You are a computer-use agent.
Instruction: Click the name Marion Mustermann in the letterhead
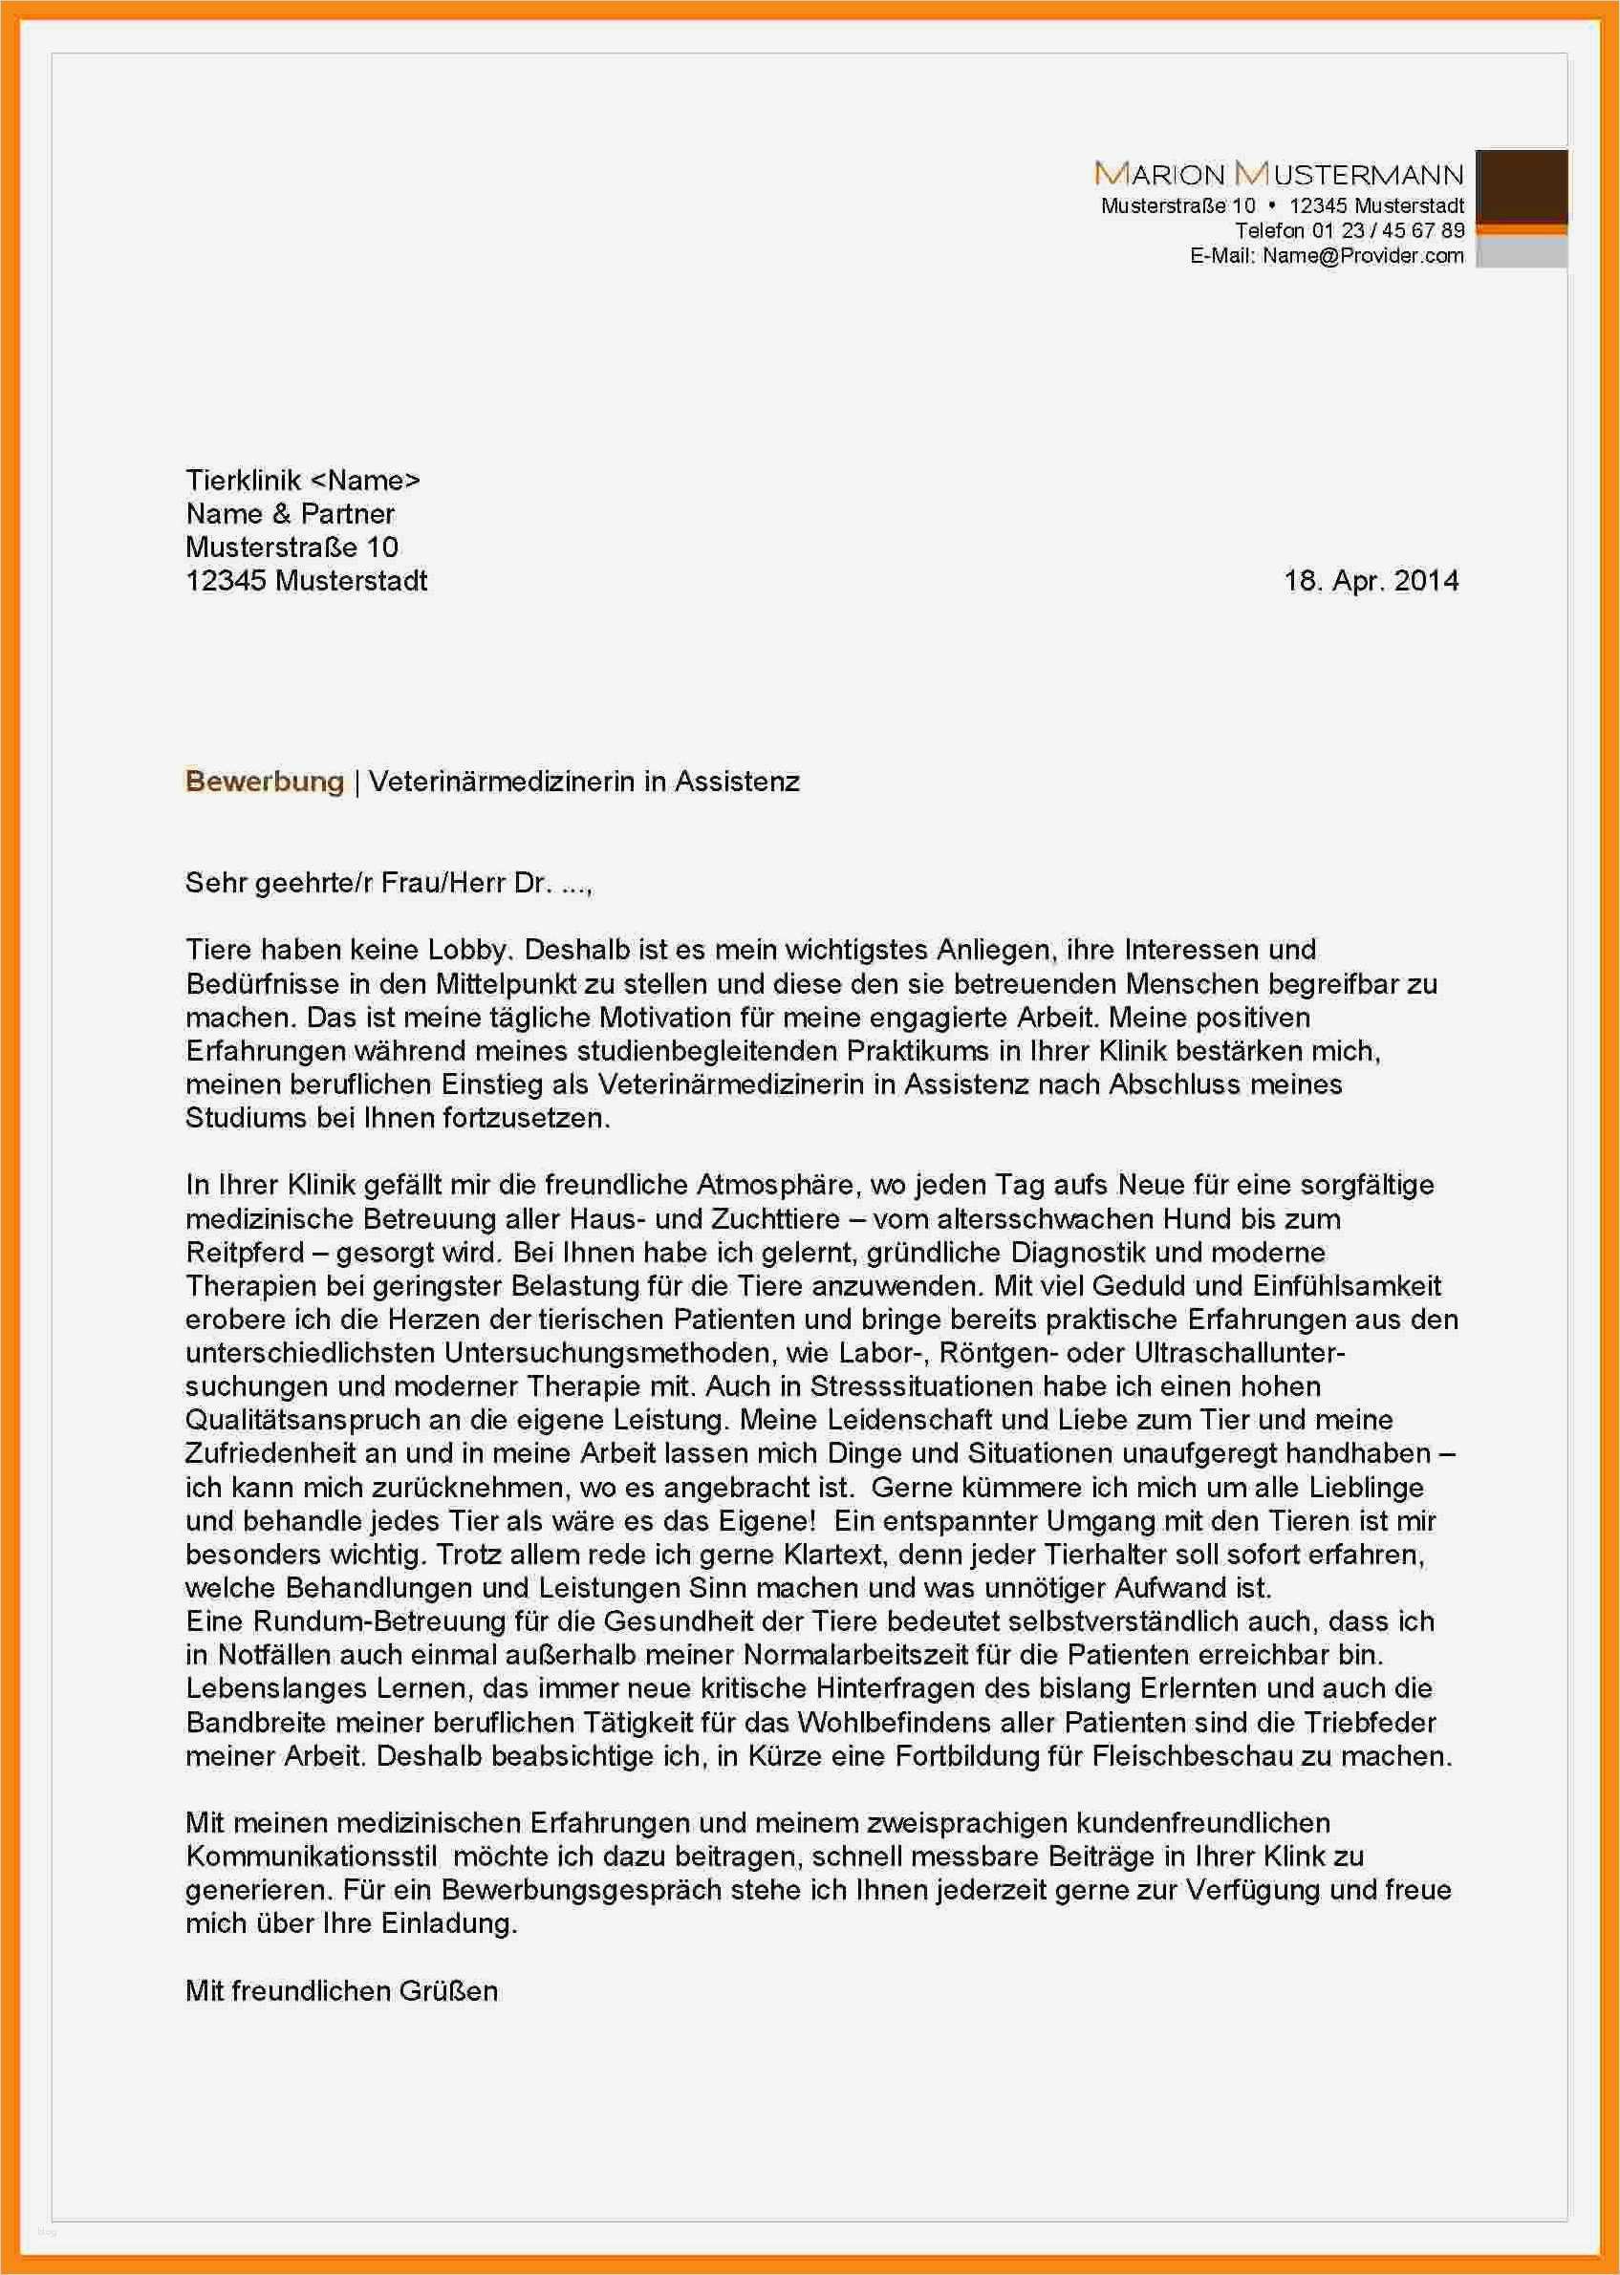pos(1279,175)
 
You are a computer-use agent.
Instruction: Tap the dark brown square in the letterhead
pos(1521,186)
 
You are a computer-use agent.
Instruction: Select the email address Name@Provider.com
pos(1363,255)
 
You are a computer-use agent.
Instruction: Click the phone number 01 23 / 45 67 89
pos(1388,230)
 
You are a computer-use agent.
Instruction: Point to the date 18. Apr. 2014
pos(1371,581)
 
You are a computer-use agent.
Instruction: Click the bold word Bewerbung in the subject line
pos(265,781)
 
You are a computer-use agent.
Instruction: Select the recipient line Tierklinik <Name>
pos(303,481)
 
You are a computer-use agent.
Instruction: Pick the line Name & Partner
pos(291,514)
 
